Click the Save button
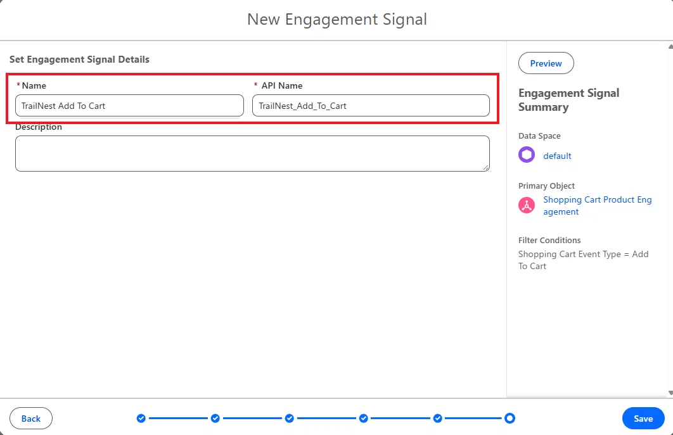tap(643, 419)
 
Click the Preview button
tap(546, 63)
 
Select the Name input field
tap(129, 106)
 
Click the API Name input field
tap(371, 106)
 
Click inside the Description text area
tap(252, 154)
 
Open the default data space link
tap(557, 156)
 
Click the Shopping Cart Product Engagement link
tap(598, 206)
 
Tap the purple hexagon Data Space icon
tap(527, 155)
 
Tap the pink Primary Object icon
tap(527, 205)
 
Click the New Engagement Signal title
tap(337, 19)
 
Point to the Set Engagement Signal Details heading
tap(79, 59)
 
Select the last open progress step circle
tap(510, 419)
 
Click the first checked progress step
tap(141, 419)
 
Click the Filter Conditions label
tap(549, 240)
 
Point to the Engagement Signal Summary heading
tap(568, 100)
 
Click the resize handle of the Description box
tap(486, 168)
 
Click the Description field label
tap(39, 127)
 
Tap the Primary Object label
tap(546, 186)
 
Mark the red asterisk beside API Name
tap(256, 85)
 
